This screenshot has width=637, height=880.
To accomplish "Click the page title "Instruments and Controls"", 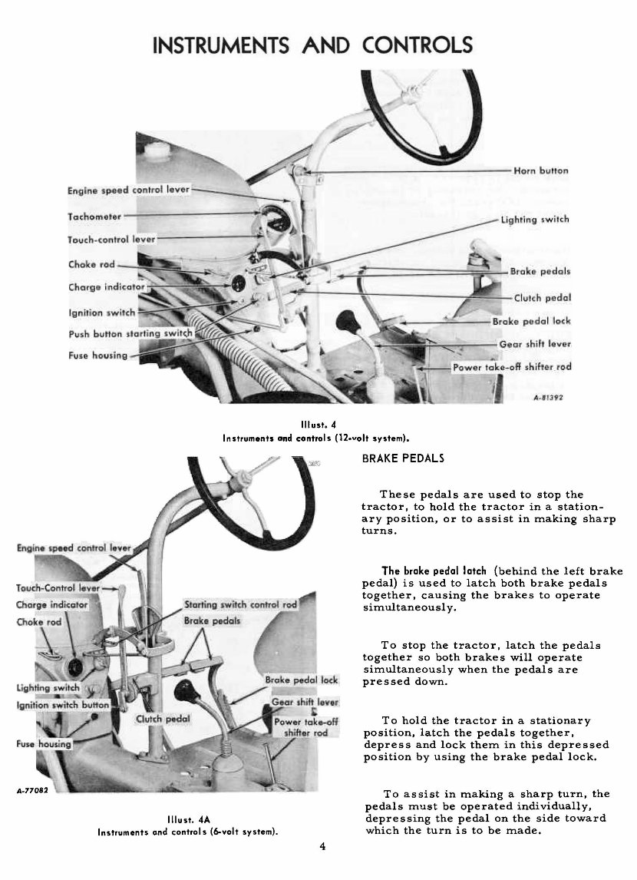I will pos(313,45).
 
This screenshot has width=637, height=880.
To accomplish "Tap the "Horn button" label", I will pos(542,170).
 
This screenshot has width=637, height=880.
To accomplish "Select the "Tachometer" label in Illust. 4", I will pos(95,216).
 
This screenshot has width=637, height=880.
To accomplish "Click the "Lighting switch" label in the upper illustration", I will pos(535,220).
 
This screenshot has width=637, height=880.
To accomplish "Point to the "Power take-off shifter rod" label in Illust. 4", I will pos(512,367).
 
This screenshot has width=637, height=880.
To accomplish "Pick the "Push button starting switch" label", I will pos(130,334).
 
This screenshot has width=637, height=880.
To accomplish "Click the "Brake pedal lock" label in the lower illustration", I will pos(301,680).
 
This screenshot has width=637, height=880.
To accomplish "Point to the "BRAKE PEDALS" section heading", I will pos(402,458).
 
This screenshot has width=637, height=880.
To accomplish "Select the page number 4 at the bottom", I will pos(323,847).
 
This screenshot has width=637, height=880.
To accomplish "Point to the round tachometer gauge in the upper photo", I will pos(269,223).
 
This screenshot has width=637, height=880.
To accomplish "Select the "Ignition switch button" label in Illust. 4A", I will pos(63,704).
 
